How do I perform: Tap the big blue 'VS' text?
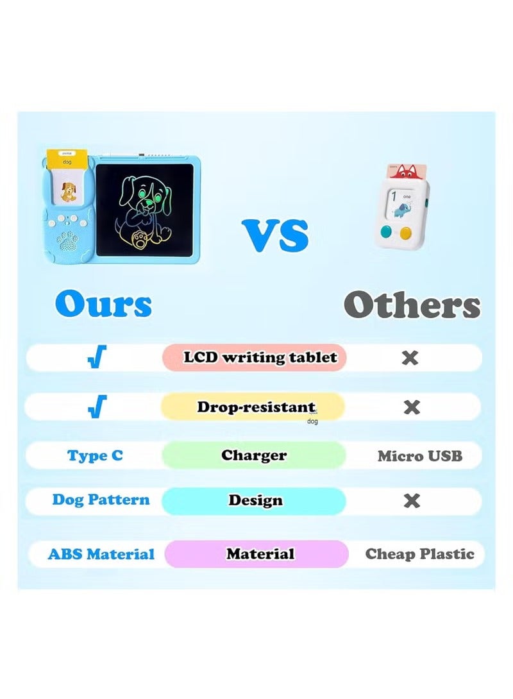click(x=275, y=235)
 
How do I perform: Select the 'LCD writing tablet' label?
click(x=260, y=357)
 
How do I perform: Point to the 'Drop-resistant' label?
click(x=256, y=407)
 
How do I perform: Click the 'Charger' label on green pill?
click(x=254, y=455)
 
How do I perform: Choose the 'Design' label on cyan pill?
click(x=255, y=500)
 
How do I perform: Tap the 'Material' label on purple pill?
click(x=260, y=553)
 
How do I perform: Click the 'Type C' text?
click(x=95, y=456)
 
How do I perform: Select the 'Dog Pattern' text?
click(x=101, y=500)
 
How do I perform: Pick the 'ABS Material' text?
click(x=101, y=554)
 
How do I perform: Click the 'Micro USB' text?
click(x=419, y=456)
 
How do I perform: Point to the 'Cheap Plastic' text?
click(x=420, y=554)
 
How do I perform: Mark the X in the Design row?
click(x=412, y=500)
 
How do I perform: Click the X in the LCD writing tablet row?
click(x=410, y=357)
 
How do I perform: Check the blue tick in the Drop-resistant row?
click(x=97, y=407)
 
